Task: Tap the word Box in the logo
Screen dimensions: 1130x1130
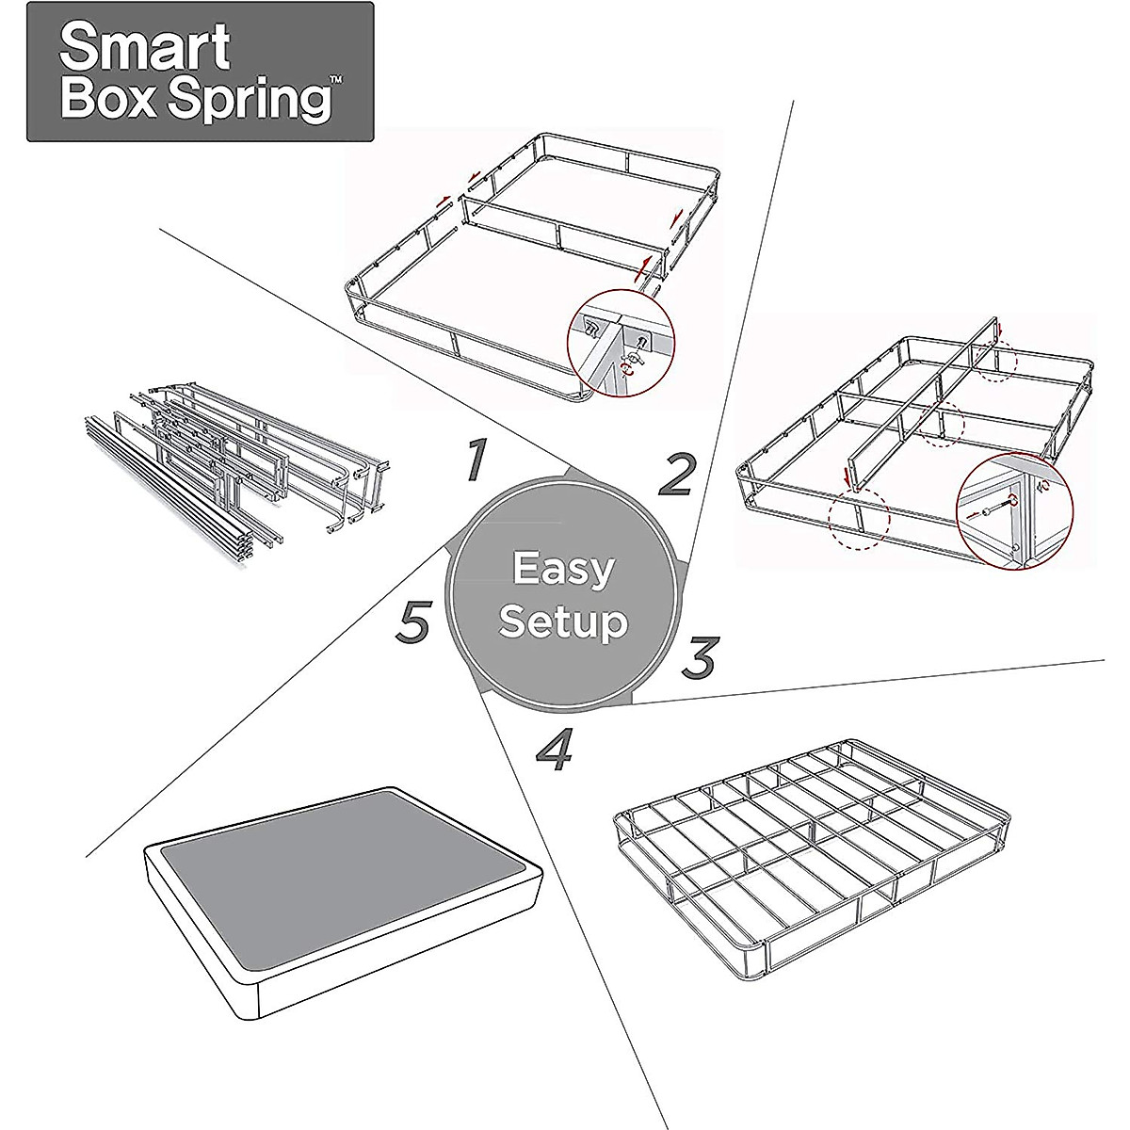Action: tap(113, 100)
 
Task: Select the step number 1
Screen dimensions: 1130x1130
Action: tap(476, 460)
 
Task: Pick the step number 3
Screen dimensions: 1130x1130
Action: tap(700, 657)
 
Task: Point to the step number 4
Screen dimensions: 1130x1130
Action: tap(556, 750)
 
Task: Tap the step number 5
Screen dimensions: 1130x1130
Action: tap(413, 622)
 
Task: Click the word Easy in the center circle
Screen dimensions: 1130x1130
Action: tap(563, 569)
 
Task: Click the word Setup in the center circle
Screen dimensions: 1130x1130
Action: tap(563, 621)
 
